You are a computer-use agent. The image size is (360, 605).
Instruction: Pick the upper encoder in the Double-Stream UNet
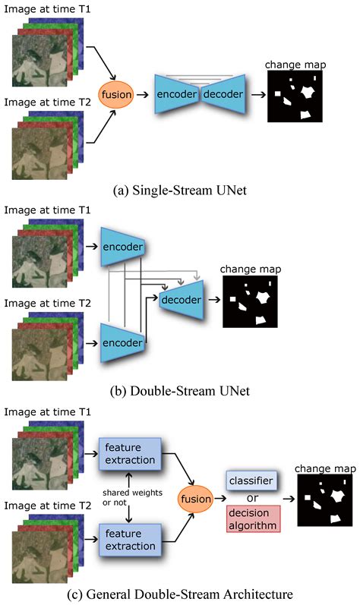coord(123,247)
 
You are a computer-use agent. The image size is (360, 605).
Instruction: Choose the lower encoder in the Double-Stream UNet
coord(123,342)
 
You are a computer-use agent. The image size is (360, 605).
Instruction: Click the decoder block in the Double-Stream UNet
coord(182,300)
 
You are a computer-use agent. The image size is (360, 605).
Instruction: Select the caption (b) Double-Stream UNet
coord(180,392)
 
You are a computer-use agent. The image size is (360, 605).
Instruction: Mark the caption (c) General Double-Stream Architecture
coord(180,593)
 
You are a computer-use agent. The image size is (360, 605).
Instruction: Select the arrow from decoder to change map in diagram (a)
coord(257,96)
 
